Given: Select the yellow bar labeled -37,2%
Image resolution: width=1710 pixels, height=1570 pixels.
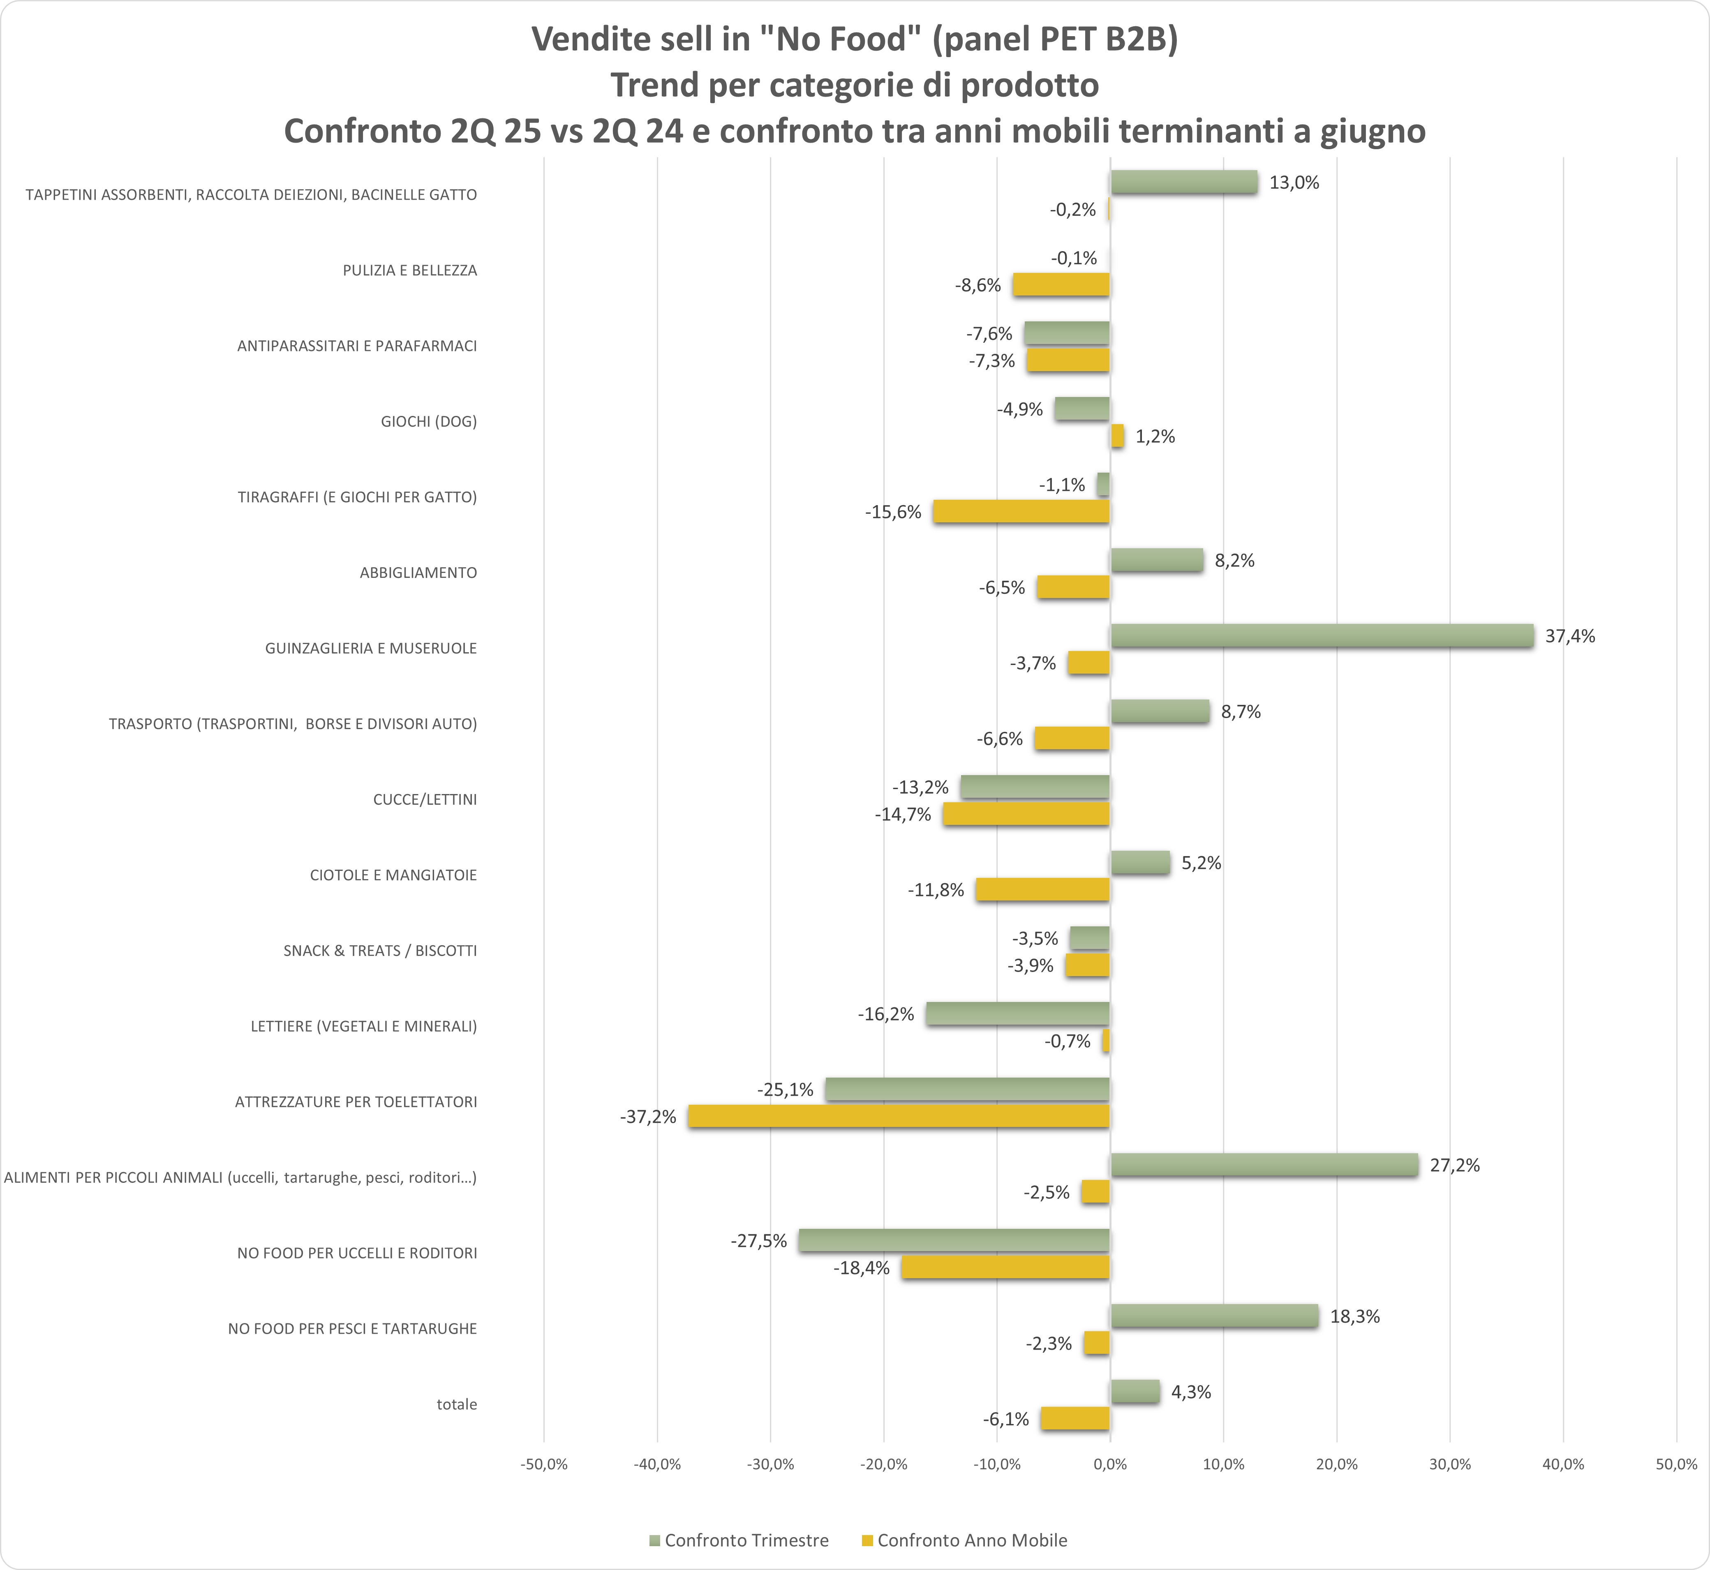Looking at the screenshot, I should click(899, 1116).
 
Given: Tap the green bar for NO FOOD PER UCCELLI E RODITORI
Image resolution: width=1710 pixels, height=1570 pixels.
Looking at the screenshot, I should click(954, 1240).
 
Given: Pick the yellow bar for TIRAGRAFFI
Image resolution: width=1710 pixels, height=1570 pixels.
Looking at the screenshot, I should click(1021, 511).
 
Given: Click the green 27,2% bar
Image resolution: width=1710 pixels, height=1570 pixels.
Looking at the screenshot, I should click(1264, 1165).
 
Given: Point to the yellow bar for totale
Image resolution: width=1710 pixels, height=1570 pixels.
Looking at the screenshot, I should click(1075, 1419).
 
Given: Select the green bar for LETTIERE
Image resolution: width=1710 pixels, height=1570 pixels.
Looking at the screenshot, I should click(1018, 1014).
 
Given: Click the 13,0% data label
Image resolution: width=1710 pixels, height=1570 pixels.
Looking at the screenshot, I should click(1294, 182).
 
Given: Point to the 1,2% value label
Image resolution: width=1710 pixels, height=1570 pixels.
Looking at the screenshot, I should click(1155, 436).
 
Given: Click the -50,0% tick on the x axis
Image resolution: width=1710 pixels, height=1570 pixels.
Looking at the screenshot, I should click(544, 1465).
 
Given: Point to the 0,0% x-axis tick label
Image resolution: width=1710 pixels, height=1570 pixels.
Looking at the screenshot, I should click(1110, 1465).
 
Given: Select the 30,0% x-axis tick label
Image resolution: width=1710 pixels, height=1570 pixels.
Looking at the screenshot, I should click(1450, 1465).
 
